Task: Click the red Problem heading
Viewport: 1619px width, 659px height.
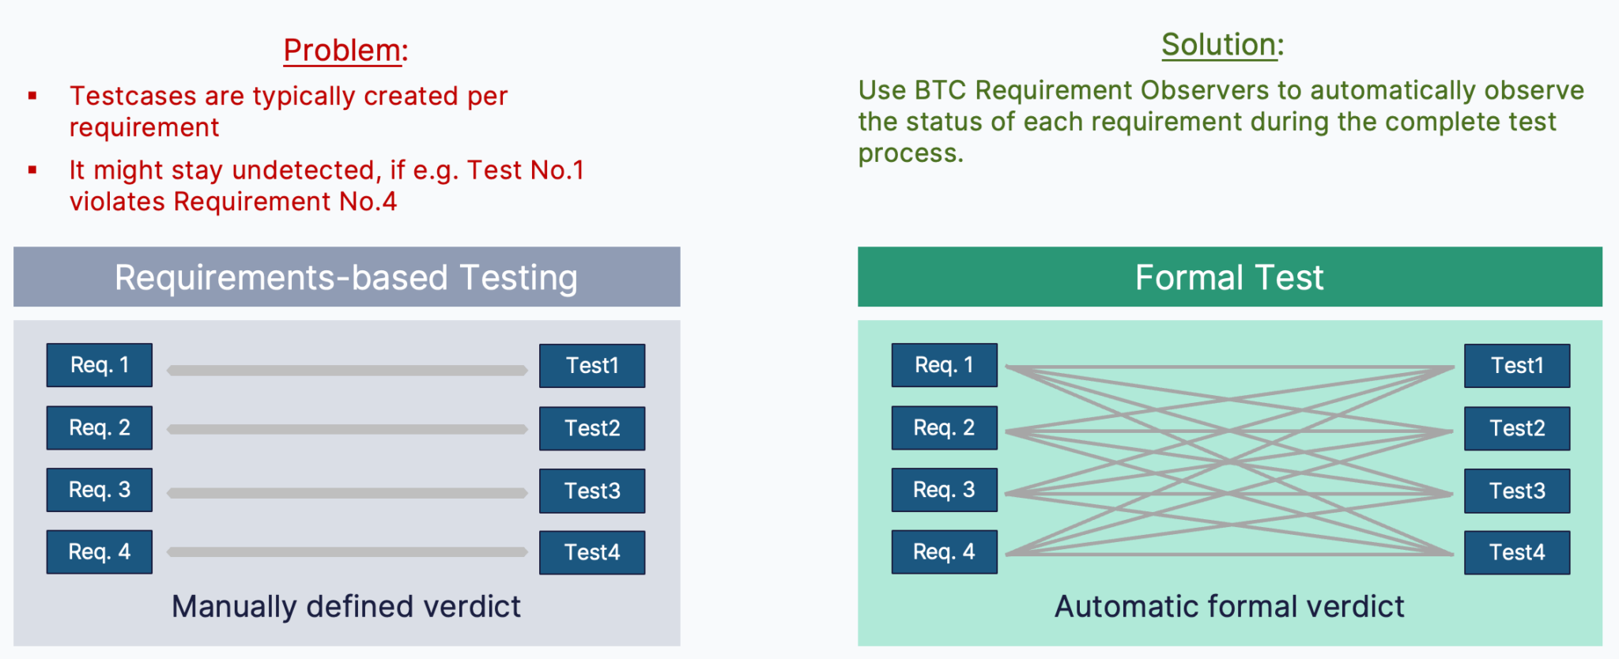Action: [x=345, y=51]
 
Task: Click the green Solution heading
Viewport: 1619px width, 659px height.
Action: [x=1221, y=45]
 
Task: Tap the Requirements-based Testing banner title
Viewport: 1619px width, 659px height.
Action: [x=346, y=277]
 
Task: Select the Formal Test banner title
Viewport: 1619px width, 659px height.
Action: [x=1229, y=277]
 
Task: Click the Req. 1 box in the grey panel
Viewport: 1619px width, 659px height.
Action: [x=100, y=365]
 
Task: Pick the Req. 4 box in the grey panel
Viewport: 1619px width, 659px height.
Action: [x=100, y=552]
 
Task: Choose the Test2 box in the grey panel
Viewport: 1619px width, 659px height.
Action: [x=592, y=428]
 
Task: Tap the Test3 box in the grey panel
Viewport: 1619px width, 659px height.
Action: [x=592, y=491]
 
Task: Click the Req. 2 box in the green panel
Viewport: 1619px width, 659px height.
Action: [x=944, y=427]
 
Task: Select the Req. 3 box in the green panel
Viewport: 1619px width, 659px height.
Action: [x=944, y=490]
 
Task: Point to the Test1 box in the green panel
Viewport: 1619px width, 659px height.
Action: [x=1517, y=366]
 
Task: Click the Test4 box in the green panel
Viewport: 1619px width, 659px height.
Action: [x=1517, y=552]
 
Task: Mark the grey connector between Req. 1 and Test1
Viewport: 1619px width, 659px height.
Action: [x=348, y=370]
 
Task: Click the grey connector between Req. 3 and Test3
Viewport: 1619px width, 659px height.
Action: [x=348, y=493]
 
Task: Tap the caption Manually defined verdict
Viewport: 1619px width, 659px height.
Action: [x=346, y=607]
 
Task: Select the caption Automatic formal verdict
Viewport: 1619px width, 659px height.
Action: [x=1229, y=607]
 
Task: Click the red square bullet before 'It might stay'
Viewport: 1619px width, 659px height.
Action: [x=32, y=170]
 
